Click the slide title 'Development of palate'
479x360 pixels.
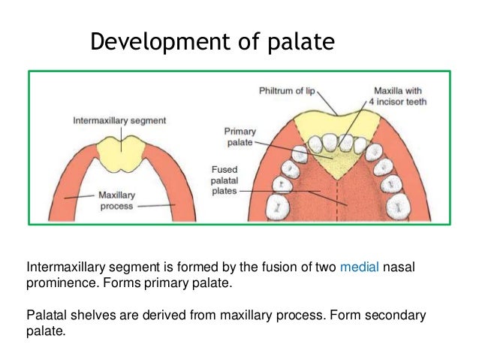coord(212,42)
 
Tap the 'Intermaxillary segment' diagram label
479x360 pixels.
coord(119,119)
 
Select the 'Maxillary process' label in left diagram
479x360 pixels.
coord(116,200)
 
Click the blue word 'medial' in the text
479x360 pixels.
coord(360,268)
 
